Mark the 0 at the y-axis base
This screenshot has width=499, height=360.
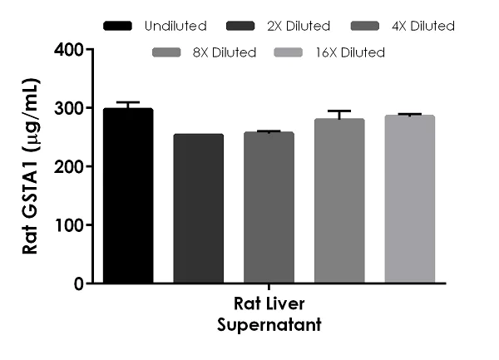point(77,284)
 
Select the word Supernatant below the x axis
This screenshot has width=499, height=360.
point(269,326)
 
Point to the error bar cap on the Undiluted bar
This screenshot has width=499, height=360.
point(128,102)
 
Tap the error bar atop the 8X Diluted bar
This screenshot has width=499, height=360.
point(339,111)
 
